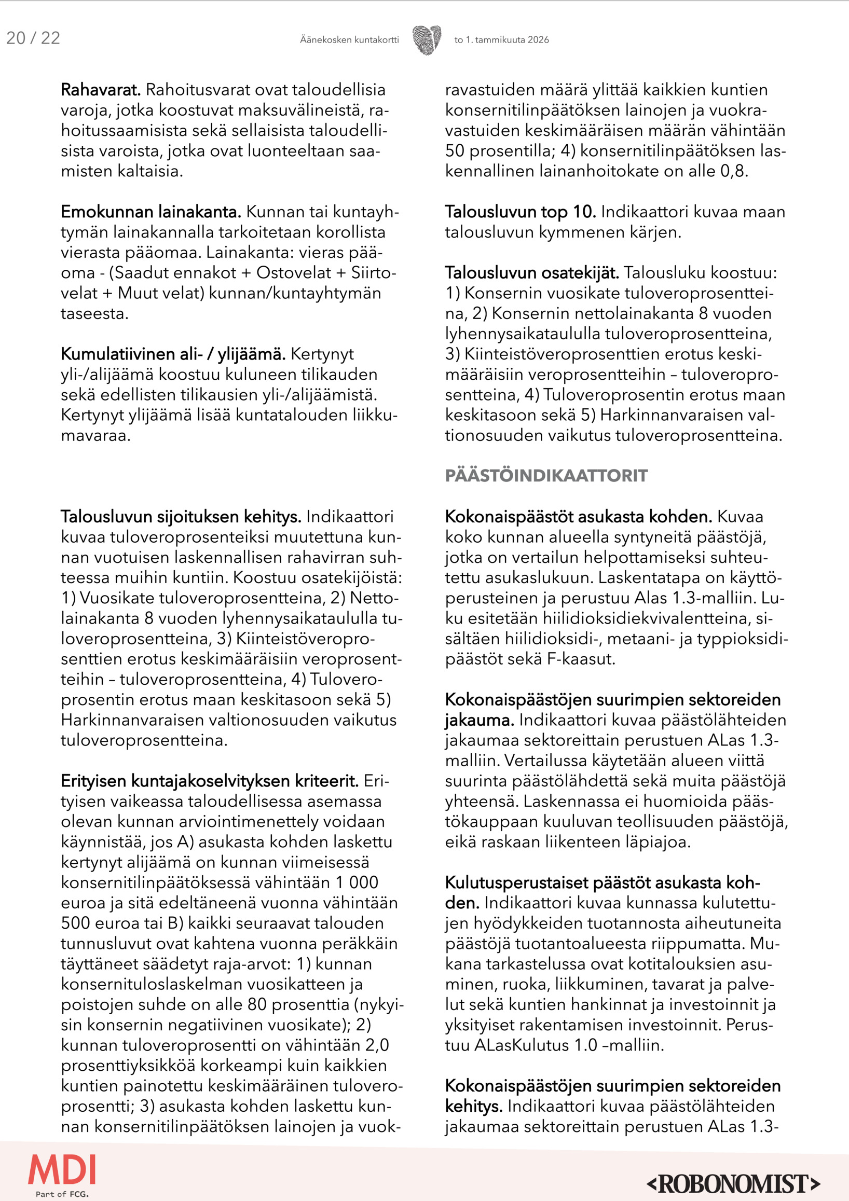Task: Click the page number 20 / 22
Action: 33,38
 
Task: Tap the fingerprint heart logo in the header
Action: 427,40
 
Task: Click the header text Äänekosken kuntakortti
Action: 349,40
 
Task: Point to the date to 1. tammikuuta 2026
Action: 501,40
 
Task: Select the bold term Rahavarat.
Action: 101,90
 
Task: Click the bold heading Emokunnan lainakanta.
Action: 150,212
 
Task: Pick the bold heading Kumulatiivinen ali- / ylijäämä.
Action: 173,354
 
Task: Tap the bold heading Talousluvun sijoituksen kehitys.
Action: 181,517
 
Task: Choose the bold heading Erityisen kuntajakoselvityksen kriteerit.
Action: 209,781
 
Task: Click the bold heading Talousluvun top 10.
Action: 520,212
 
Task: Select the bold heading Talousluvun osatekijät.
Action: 531,272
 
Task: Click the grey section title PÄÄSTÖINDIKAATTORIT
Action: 545,476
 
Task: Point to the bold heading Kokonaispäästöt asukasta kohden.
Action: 578,517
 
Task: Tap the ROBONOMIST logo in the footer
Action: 733,1184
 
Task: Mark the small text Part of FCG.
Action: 62,1194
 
